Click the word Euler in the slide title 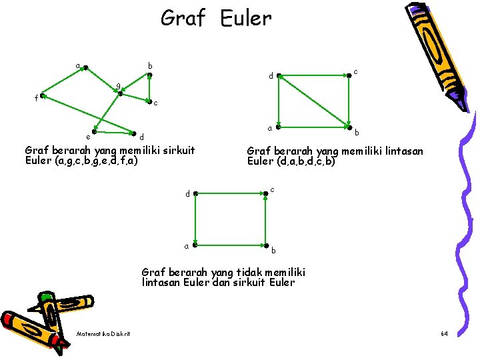(x=245, y=18)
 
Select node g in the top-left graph (x=120, y=93)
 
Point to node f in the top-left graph (x=41, y=97)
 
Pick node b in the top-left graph (x=149, y=75)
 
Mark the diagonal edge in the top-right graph (x=313, y=101)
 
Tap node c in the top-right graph (x=349, y=75)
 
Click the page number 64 (x=444, y=333)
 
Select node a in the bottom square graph (x=195, y=245)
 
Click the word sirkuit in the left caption (x=175, y=150)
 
